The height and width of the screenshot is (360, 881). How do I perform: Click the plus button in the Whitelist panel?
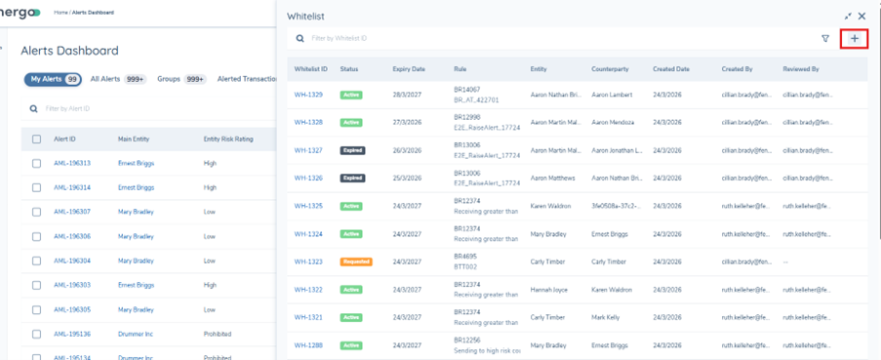coord(854,39)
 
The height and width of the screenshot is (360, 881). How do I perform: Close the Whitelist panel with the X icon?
coord(861,17)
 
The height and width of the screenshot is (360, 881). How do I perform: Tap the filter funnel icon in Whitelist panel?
coord(825,39)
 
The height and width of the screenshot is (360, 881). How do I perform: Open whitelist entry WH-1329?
coord(308,96)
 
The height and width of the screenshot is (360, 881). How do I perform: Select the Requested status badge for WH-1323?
coord(356,261)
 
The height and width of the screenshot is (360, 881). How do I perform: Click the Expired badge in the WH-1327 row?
coord(351,150)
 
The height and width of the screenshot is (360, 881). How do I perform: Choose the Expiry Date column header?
coord(409,69)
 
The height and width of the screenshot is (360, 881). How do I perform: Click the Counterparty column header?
coord(610,69)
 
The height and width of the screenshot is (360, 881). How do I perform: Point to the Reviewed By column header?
coord(800,69)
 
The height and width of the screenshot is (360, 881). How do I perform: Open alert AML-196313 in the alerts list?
coord(72,163)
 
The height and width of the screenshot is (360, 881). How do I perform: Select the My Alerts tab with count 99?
coord(53,79)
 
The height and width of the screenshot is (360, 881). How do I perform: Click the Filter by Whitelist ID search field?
coord(488,39)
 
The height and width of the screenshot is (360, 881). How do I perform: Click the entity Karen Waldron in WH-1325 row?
coord(553,206)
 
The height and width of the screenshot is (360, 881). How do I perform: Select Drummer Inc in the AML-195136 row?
coord(137,334)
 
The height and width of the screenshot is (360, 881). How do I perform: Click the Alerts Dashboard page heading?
coord(69,51)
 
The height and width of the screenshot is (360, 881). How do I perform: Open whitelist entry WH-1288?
coord(308,345)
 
